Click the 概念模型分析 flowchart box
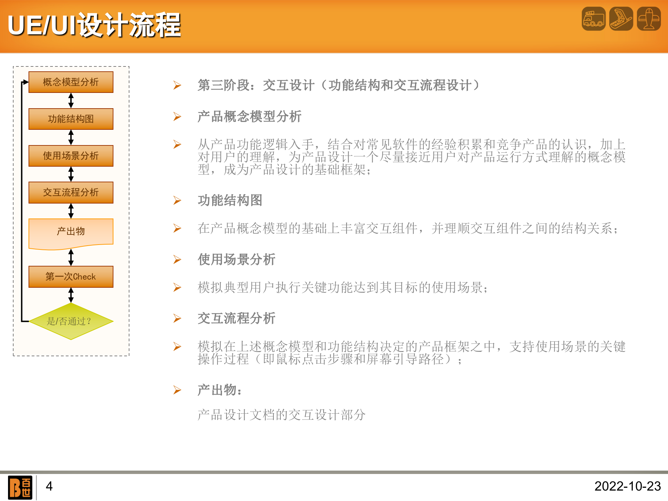tap(71, 82)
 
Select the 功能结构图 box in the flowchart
tap(71, 119)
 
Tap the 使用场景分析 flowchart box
tap(71, 156)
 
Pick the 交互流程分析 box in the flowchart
tap(71, 192)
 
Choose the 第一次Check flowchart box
tap(71, 277)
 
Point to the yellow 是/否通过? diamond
tap(71, 321)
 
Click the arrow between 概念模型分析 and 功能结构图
tap(71, 101)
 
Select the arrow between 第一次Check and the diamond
tap(71, 295)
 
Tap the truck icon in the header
tap(594, 19)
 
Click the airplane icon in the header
tap(649, 19)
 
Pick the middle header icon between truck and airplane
tap(621, 19)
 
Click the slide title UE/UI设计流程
tap(94, 25)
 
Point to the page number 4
tap(49, 486)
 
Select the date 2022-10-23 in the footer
tap(627, 486)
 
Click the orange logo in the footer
tap(20, 487)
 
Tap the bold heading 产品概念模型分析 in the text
tap(249, 117)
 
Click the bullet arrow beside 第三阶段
tap(177, 85)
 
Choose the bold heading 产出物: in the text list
tap(219, 390)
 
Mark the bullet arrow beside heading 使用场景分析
tap(177, 260)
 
